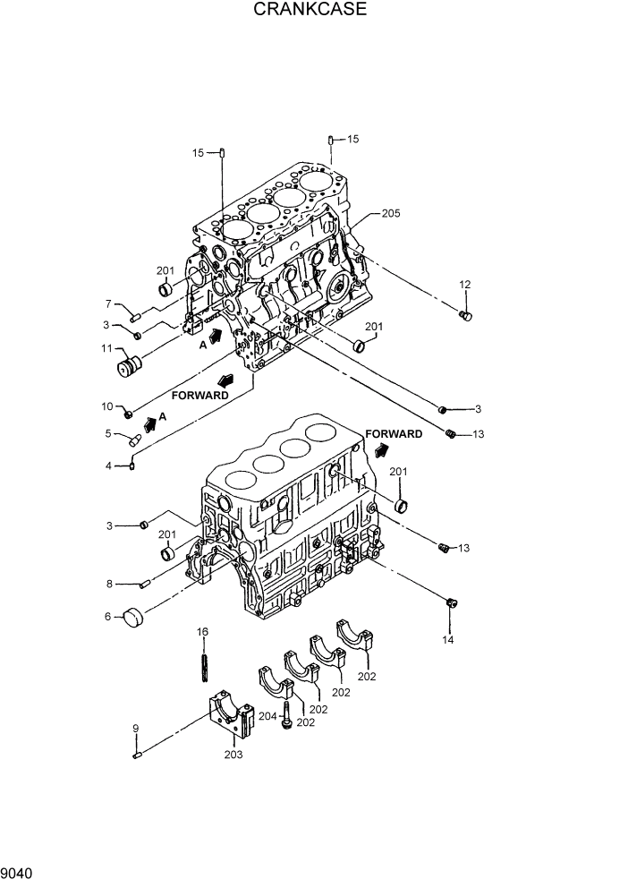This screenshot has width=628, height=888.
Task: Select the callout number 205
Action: [391, 213]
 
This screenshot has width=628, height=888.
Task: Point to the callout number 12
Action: [464, 285]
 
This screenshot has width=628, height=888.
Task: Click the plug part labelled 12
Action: [464, 315]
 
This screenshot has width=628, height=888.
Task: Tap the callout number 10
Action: [106, 406]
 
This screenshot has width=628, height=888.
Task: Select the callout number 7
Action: [108, 304]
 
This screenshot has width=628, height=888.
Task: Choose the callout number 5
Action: [108, 434]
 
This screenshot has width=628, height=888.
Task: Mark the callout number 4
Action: [108, 465]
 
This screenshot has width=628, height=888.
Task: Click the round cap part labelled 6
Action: [133, 618]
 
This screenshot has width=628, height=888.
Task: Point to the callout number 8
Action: [108, 584]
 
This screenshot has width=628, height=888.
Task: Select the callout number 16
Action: [203, 632]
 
